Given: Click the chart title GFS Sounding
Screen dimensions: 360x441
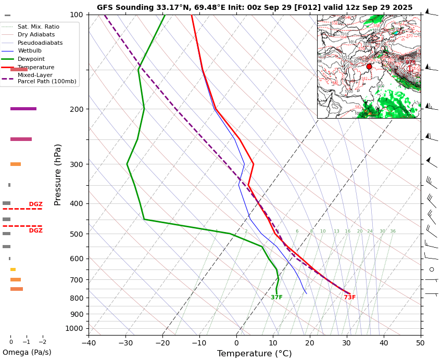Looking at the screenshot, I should [255, 7].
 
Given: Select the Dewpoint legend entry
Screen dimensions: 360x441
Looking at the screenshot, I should [31, 59].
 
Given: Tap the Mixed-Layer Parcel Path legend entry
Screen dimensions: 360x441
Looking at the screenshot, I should [42, 78].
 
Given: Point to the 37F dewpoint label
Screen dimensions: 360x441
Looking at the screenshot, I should [276, 298].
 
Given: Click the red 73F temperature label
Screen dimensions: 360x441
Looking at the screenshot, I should [350, 298].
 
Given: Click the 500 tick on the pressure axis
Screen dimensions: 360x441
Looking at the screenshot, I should [76, 234].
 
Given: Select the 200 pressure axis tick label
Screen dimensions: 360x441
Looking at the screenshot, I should [76, 109].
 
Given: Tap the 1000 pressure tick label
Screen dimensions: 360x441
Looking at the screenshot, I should [74, 328].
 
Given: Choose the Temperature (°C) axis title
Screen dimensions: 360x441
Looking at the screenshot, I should [255, 354].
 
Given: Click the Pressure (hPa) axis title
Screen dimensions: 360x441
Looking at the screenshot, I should [58, 174].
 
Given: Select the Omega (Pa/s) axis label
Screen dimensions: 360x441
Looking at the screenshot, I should [27, 352].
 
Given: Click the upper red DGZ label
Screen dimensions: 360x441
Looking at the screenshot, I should [36, 204].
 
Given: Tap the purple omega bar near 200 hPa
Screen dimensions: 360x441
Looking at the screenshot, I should [23, 109].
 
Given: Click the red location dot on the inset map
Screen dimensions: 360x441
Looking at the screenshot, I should [369, 67].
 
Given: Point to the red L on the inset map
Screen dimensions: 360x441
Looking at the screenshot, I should [410, 69].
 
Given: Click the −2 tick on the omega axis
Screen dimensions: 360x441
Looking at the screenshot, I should [43, 342].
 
